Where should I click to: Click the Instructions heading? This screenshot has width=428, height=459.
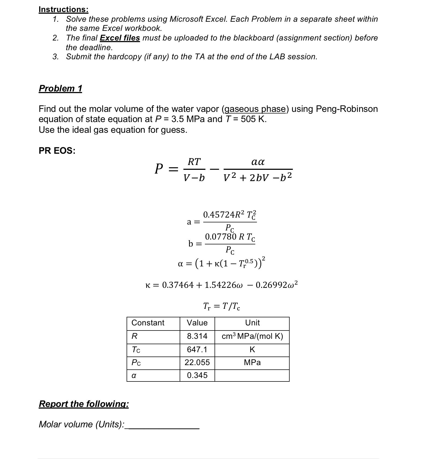(63, 9)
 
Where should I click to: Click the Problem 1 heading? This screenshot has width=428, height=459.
(60, 88)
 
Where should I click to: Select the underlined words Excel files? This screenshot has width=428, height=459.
(120, 38)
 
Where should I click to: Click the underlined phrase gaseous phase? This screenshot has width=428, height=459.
(255, 109)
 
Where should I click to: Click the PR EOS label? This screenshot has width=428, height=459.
(57, 150)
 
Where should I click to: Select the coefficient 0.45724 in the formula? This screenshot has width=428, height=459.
(218, 215)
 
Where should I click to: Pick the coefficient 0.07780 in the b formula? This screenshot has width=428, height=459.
(220, 237)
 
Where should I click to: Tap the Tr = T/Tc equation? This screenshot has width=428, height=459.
(222, 306)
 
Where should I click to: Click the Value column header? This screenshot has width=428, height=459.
(197, 323)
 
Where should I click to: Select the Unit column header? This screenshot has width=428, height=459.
(252, 323)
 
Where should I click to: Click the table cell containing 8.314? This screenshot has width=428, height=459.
(197, 336)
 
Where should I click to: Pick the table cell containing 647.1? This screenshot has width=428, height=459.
(197, 350)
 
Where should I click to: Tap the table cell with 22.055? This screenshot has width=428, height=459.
(197, 363)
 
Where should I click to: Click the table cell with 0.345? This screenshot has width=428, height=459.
(197, 375)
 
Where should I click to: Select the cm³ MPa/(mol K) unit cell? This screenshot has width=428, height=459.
(252, 336)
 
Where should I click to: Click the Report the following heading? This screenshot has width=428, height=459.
(84, 404)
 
